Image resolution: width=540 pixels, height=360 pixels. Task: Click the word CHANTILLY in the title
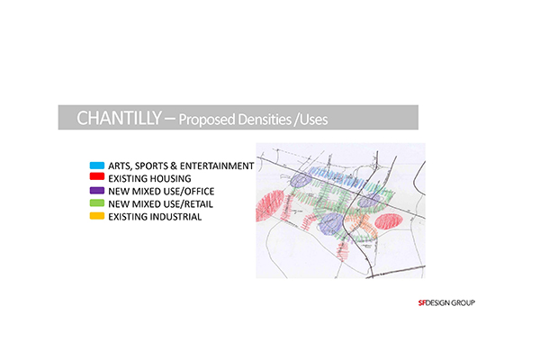[119, 118]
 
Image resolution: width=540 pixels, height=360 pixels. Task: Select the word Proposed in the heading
[207, 120]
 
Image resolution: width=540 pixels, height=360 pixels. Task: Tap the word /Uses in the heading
[311, 120]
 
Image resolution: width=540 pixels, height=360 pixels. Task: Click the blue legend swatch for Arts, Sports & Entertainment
[97, 166]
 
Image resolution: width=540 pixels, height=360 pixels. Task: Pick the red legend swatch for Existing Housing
[97, 176]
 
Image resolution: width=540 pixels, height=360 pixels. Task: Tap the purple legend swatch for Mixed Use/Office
[97, 191]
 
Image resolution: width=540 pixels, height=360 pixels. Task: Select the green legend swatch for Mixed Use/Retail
[97, 203]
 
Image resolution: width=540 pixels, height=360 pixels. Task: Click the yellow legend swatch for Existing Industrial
[97, 216]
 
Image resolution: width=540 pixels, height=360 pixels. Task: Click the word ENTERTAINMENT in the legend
[217, 166]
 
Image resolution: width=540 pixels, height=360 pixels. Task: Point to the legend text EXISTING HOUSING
[149, 179]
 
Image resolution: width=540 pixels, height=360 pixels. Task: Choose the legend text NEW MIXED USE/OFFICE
[161, 192]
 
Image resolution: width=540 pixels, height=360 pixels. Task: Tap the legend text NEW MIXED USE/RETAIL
[160, 204]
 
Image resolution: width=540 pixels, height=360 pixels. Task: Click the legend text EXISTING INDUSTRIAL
[155, 217]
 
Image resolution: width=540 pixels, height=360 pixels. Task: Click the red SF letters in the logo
[422, 302]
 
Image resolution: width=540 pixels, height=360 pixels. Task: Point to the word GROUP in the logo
[463, 302]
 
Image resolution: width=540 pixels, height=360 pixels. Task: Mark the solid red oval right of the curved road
[389, 221]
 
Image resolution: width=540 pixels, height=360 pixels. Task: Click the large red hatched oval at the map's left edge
[269, 206]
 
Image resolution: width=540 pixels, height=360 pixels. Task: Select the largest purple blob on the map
[331, 224]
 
